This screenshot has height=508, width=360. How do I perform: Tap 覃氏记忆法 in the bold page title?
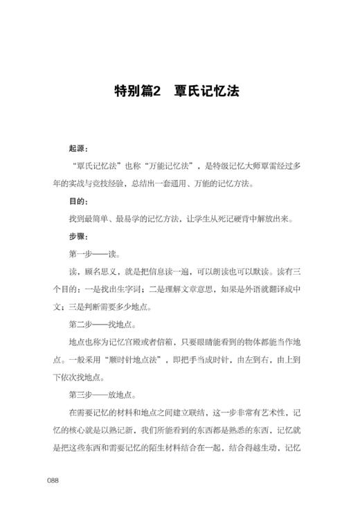tap(207, 91)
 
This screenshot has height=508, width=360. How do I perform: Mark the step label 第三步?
tap(82, 396)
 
